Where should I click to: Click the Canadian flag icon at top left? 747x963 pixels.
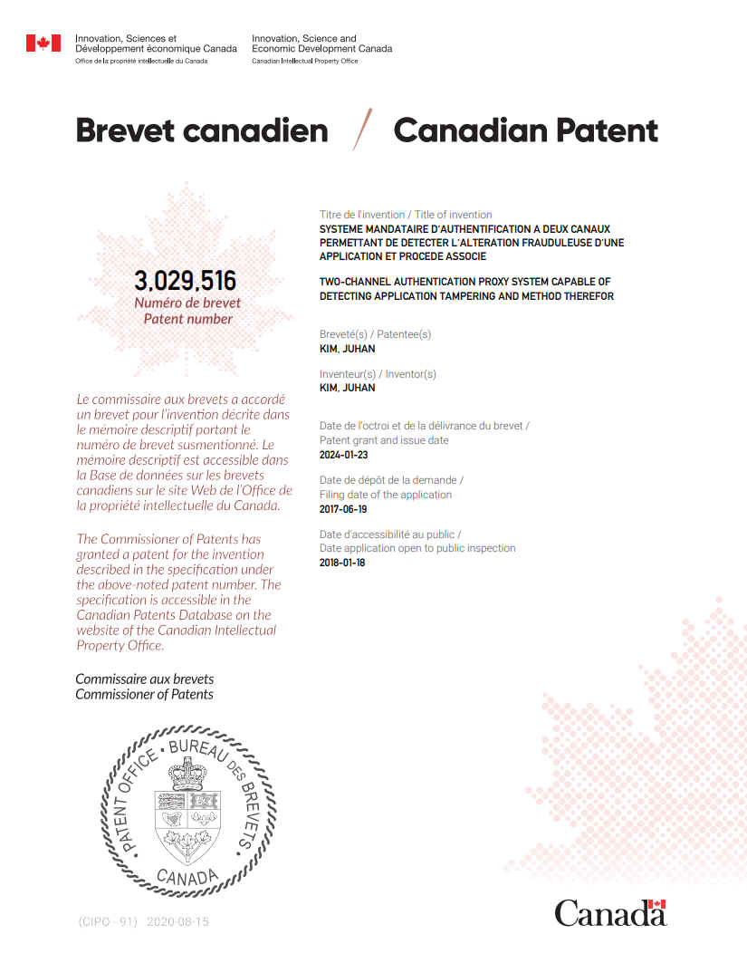click(x=43, y=43)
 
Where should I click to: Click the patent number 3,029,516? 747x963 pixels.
click(x=185, y=281)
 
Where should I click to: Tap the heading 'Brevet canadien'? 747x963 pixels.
click(x=202, y=130)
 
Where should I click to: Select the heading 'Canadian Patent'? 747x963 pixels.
click(x=525, y=130)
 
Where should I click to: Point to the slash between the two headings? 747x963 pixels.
click(x=362, y=130)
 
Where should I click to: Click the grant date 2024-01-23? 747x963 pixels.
click(x=344, y=455)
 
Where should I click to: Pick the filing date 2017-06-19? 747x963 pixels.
click(x=344, y=509)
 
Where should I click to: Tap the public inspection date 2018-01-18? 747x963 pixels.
click(x=344, y=563)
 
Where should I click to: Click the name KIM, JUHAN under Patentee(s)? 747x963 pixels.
click(x=347, y=348)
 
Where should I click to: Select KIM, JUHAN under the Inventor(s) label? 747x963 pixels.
click(x=347, y=388)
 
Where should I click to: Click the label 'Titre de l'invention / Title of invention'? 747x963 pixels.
click(x=406, y=215)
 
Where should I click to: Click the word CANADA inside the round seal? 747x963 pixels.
click(x=187, y=876)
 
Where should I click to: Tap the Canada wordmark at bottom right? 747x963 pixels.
click(x=609, y=911)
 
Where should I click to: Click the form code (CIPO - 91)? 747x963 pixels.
click(x=107, y=921)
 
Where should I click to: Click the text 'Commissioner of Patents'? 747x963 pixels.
click(x=144, y=694)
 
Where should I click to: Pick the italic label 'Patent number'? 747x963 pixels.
click(x=188, y=319)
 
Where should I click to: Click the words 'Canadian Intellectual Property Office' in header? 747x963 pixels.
click(x=304, y=61)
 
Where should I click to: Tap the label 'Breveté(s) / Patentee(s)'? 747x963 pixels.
click(x=375, y=334)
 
